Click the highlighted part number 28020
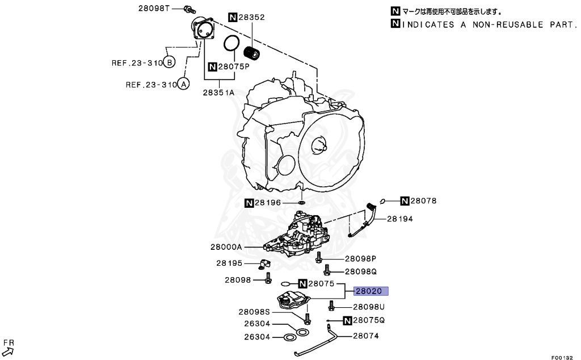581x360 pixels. pyautogui.click(x=371, y=291)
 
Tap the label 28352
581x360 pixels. pyautogui.click(x=251, y=18)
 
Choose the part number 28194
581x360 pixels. pyautogui.click(x=399, y=219)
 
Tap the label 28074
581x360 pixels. pyautogui.click(x=365, y=336)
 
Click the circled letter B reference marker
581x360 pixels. pyautogui.click(x=169, y=62)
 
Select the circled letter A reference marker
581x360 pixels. pyautogui.click(x=183, y=85)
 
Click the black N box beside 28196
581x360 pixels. pyautogui.click(x=250, y=203)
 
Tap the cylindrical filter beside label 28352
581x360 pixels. pyautogui.click(x=251, y=52)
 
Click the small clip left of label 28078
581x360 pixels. pyautogui.click(x=383, y=200)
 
